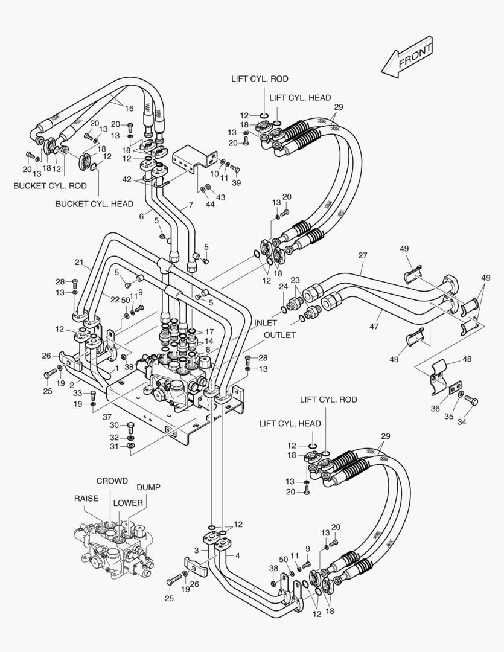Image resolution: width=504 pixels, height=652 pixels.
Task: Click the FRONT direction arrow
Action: click(407, 61)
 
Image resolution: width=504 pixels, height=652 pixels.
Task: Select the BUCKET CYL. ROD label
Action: click(50, 185)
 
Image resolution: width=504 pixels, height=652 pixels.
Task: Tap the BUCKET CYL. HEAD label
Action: click(94, 204)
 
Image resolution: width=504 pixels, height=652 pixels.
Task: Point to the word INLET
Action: click(266, 324)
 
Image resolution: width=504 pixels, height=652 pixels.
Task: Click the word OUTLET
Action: click(279, 335)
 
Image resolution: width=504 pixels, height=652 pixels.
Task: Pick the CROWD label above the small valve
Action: click(112, 481)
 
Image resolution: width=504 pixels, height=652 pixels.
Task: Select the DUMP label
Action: click(148, 487)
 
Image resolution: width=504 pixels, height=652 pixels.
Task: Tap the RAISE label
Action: click(86, 499)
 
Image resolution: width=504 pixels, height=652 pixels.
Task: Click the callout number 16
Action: click(129, 109)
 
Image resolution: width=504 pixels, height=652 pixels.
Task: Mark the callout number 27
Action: click(362, 255)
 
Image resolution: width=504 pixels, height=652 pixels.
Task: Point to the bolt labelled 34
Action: click(472, 401)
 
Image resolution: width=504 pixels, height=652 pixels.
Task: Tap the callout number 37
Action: click(107, 417)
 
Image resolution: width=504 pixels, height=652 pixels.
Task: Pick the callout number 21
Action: click(79, 262)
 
